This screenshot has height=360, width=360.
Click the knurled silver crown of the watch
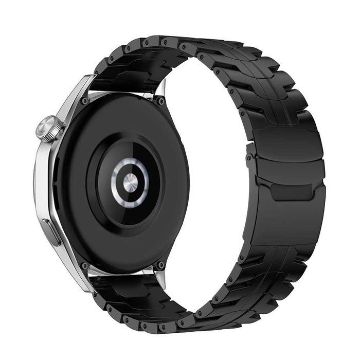[49, 128]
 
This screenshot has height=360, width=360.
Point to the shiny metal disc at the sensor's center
[130, 182]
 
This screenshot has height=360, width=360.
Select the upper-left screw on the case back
[84, 101]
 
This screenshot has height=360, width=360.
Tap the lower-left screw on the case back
[84, 266]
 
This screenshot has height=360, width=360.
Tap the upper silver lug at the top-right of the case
[161, 90]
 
